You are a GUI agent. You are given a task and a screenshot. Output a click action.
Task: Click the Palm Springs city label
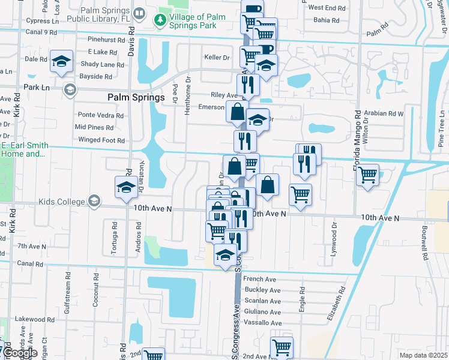136,97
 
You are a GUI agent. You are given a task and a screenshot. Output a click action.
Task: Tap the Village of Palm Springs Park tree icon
160,22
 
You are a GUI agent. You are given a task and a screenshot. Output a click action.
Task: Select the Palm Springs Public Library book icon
139,13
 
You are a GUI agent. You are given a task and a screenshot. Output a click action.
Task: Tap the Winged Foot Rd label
101,140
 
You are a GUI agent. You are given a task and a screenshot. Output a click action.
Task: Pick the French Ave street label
259,279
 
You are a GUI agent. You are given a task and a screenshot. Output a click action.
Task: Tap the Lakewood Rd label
31,319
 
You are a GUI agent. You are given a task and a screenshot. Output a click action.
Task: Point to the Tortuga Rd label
114,236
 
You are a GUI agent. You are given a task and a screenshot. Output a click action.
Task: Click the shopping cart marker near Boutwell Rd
367,175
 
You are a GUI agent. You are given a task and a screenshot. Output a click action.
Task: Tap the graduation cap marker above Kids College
125,188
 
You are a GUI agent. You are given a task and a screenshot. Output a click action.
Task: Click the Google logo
20,353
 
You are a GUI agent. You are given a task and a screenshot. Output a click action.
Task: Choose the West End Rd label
327,8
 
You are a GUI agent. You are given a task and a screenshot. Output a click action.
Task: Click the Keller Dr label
217,58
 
